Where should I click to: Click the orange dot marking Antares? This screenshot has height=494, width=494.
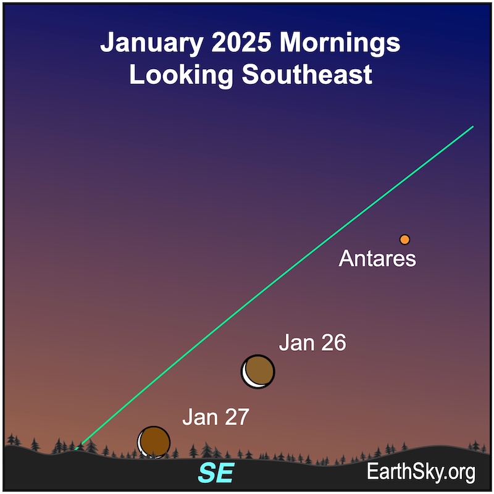(x=404, y=240)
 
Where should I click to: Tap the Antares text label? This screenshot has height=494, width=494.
(x=377, y=259)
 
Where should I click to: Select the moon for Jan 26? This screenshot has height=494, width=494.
(x=257, y=372)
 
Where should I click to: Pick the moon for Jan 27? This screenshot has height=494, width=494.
(x=154, y=442)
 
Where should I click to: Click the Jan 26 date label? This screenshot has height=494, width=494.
(x=312, y=343)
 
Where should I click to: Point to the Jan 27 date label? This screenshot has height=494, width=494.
(x=216, y=417)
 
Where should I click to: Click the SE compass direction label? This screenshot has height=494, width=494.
(x=216, y=472)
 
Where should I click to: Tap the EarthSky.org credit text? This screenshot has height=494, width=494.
(x=421, y=472)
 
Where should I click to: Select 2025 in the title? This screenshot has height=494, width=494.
(x=241, y=41)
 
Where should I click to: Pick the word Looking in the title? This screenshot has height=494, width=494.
(x=181, y=75)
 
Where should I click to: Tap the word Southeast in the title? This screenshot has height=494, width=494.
(x=307, y=74)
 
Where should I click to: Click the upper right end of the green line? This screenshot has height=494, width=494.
(x=473, y=127)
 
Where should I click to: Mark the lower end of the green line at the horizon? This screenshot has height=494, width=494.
(x=76, y=449)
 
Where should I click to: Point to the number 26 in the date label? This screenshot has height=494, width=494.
(x=333, y=343)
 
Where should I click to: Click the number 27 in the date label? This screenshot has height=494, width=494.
(x=237, y=417)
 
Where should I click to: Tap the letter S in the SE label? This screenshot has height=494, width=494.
(x=207, y=472)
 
